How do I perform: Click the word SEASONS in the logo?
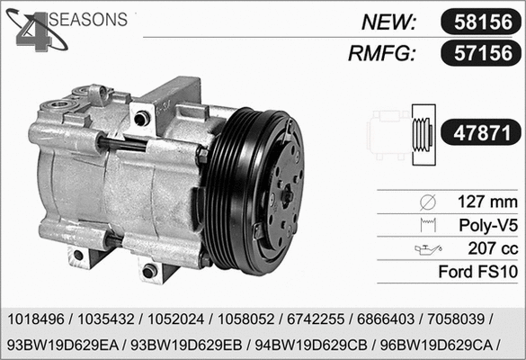(86, 19)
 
